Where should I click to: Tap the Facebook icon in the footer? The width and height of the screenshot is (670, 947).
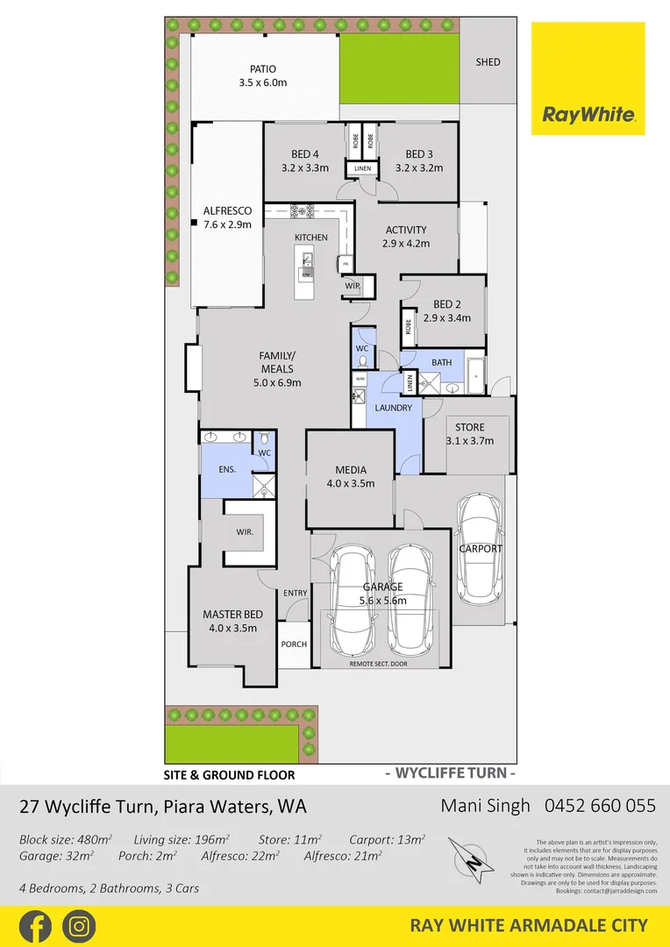[35, 926]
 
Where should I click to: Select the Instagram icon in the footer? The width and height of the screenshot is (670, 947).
[79, 926]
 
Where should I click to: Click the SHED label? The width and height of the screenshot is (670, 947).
[488, 62]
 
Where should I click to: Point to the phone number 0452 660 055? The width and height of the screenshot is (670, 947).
[600, 806]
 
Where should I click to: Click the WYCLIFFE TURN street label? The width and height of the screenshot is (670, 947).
[450, 773]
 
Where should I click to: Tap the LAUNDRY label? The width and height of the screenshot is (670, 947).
[393, 408]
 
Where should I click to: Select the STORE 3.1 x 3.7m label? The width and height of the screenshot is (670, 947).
[469, 435]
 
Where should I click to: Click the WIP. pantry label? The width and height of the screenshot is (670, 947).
[353, 286]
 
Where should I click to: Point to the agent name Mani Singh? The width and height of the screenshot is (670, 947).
[486, 806]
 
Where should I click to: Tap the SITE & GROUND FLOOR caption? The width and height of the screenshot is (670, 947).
[230, 775]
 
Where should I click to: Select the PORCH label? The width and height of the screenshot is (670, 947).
[294, 644]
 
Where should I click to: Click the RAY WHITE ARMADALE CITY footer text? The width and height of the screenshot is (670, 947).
[529, 926]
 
